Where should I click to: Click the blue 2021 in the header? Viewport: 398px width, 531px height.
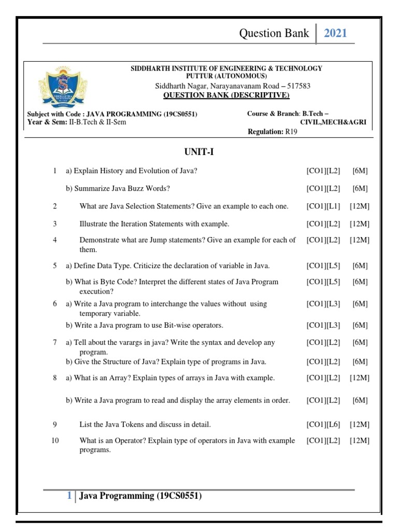(x=335, y=34)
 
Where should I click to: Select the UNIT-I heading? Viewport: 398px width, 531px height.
(x=198, y=152)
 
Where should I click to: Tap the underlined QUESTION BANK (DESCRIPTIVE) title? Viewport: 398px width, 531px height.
(x=226, y=95)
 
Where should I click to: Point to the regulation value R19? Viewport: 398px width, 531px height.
(x=291, y=132)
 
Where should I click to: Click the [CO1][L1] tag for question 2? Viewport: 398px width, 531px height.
(x=323, y=206)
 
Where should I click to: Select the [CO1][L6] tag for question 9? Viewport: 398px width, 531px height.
(x=323, y=425)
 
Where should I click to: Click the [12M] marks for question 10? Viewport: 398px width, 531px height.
(x=359, y=441)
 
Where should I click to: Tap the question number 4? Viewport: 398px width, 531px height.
(x=54, y=240)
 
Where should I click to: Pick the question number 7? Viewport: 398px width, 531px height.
(x=54, y=343)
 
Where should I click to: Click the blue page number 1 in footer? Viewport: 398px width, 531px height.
(x=69, y=496)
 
